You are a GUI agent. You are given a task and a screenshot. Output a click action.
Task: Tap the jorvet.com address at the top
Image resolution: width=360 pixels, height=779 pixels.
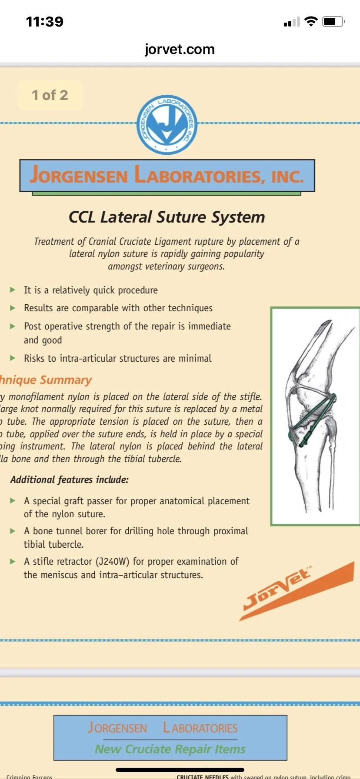click(x=180, y=49)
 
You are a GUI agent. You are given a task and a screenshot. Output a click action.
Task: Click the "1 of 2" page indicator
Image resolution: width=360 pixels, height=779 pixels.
click(x=50, y=95)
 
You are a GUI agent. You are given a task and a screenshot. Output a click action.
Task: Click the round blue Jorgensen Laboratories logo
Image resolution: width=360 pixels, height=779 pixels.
click(x=167, y=124)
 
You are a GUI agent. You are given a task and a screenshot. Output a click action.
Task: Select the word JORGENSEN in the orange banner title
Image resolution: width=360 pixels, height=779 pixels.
click(x=79, y=175)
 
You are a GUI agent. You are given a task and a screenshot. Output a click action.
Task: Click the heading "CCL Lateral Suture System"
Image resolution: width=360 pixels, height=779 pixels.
click(x=167, y=217)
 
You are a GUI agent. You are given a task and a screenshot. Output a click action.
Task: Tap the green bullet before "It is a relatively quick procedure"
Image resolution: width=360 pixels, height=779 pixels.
click(x=13, y=290)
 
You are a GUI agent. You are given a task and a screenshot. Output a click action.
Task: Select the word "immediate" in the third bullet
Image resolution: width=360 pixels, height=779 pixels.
click(x=210, y=326)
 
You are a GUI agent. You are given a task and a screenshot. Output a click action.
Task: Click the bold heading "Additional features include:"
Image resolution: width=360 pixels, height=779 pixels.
click(x=70, y=479)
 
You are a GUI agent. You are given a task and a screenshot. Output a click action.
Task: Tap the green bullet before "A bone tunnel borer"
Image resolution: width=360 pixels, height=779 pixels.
click(x=13, y=531)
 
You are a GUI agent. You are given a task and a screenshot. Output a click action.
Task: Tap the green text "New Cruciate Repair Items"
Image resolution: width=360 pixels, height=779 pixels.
click(x=170, y=749)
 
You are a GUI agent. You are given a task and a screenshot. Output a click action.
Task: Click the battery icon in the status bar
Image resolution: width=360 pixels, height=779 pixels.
click(x=333, y=21)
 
